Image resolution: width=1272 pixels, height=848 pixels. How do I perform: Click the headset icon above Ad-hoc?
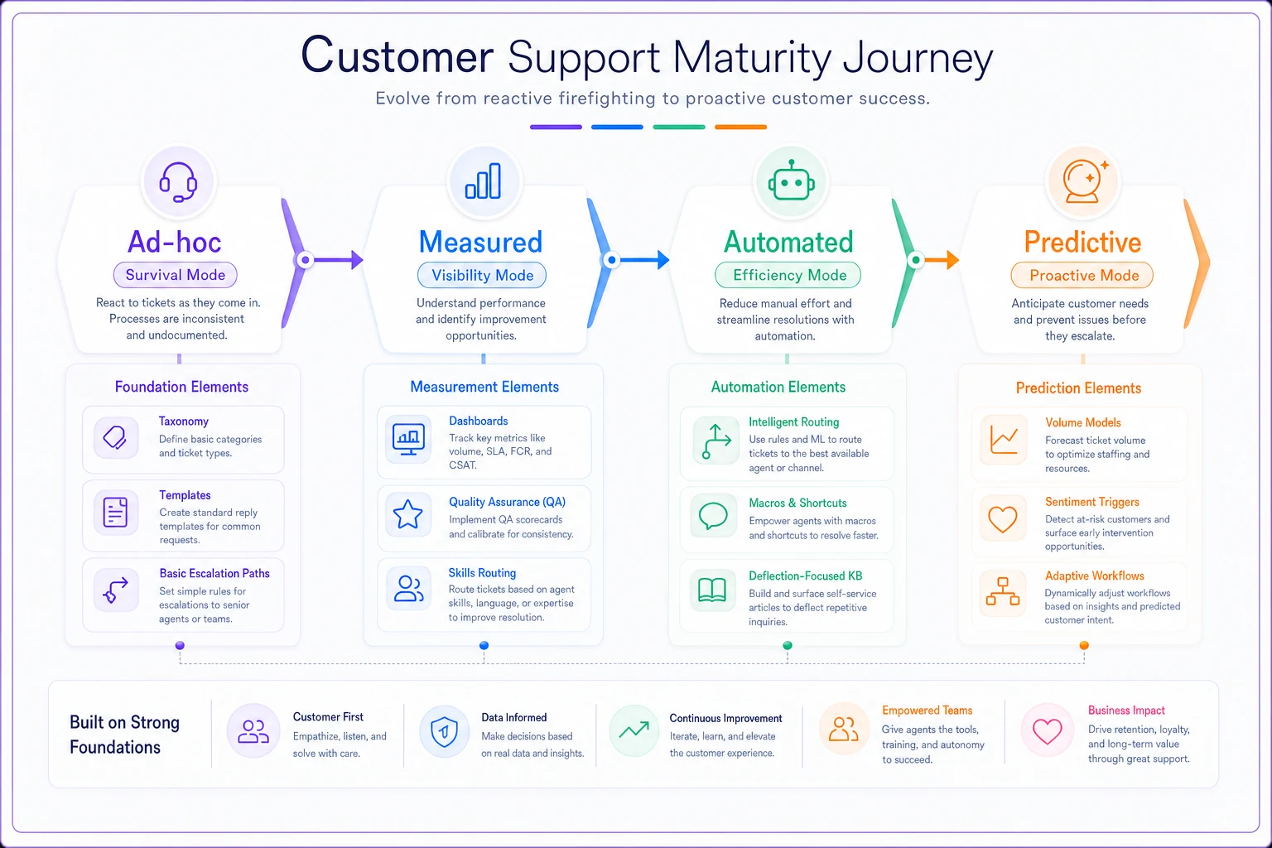point(178,182)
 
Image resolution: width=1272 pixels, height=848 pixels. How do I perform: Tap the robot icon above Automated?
point(791,181)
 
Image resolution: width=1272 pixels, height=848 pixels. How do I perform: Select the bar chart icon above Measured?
point(484,181)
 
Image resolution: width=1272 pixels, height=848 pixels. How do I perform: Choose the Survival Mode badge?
point(176,275)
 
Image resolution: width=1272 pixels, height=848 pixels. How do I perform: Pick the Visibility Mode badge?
point(482,276)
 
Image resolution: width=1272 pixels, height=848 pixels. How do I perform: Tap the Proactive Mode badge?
point(1082,276)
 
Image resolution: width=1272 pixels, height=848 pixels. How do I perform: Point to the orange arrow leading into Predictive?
point(937,260)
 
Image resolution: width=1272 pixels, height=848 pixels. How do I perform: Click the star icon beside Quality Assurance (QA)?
point(407,514)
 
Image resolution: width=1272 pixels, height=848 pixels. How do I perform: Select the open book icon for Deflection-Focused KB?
point(712,590)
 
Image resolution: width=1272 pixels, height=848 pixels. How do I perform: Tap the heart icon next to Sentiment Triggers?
point(1003,518)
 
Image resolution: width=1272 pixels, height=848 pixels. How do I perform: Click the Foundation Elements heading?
point(181,387)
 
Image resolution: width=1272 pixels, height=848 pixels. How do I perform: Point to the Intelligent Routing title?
point(794,422)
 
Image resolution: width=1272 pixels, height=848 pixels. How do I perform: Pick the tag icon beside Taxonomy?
point(115,437)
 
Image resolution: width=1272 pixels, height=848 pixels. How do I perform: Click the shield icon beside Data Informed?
point(444,731)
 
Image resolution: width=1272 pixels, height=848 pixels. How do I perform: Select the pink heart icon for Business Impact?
point(1047,731)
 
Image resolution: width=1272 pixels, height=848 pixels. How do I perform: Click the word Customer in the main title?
point(397,55)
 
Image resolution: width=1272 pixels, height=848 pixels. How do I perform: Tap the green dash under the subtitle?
point(679,128)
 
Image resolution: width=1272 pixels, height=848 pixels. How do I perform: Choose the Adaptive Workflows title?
point(1094,576)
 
